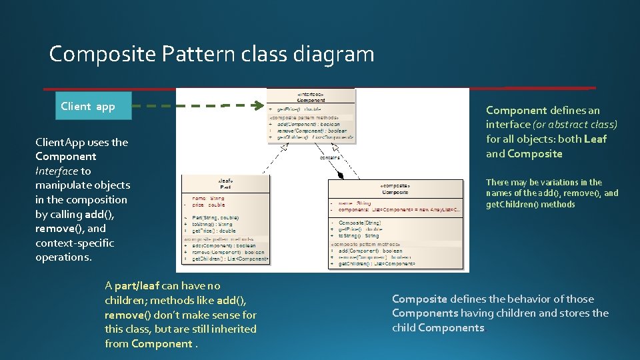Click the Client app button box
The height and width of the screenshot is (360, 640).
tap(88, 106)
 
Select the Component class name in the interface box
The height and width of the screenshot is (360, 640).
tap(311, 100)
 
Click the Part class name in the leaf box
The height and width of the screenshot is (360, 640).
tap(225, 187)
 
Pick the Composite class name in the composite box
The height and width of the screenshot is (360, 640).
tap(395, 192)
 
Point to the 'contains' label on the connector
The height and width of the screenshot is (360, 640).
tap(330, 158)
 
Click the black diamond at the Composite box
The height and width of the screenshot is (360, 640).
tap(341, 176)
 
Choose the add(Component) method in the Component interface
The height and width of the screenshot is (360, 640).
tap(304, 124)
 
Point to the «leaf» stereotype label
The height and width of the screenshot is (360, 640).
tap(225, 181)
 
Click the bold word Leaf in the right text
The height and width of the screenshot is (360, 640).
tap(595, 139)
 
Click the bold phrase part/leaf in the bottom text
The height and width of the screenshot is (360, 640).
tap(137, 286)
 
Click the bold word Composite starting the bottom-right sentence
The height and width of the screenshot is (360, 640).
tap(419, 299)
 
